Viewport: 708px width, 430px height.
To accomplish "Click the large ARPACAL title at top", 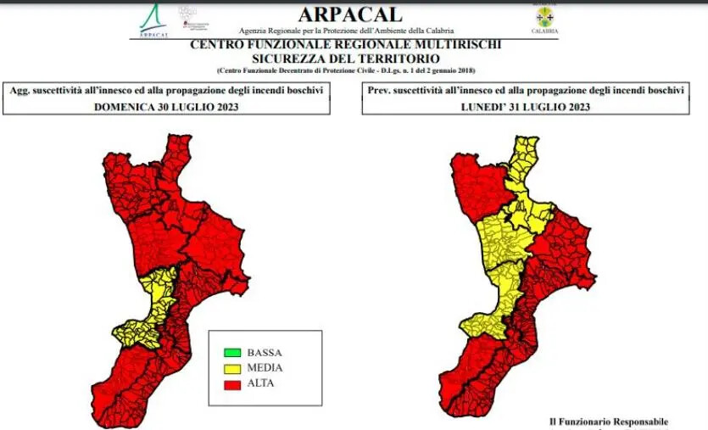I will click(351, 14).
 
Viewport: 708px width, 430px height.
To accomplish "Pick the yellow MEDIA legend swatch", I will click(231, 368).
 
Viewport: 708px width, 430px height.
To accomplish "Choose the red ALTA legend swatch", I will click(231, 384).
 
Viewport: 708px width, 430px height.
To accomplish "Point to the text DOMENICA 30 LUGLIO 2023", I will click(166, 107).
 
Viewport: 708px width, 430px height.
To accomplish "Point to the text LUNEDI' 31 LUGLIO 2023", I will click(526, 107).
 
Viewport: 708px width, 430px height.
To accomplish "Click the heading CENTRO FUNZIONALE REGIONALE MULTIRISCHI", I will click(346, 44).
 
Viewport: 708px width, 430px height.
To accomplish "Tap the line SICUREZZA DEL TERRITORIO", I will click(346, 58).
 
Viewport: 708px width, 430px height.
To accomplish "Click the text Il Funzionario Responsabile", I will click(608, 422).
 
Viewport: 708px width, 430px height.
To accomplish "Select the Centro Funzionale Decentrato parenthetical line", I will click(346, 70).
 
